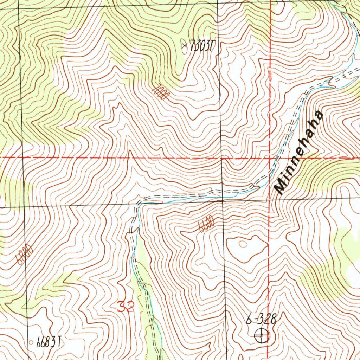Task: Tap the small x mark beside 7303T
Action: pyautogui.click(x=185, y=45)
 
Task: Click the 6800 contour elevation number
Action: pyautogui.click(x=24, y=255)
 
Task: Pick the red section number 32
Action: pyautogui.click(x=126, y=307)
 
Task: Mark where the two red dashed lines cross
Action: pyautogui.click(x=270, y=158)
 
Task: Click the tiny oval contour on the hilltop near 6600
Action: pyautogui.click(x=243, y=243)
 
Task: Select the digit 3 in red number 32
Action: pyautogui.click(x=122, y=307)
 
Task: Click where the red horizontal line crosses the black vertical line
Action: pyautogui.click(x=221, y=158)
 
